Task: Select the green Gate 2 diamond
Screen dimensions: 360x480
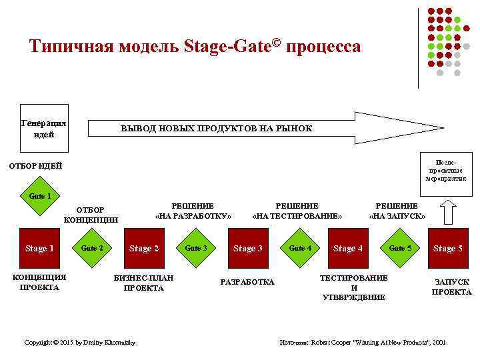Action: (92, 248)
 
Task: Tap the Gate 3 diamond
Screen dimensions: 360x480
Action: (196, 248)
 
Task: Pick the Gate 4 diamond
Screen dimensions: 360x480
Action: (300, 248)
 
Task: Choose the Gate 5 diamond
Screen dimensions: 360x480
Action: (400, 248)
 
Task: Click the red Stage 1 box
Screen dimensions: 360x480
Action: (39, 248)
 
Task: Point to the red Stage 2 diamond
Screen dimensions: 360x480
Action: (144, 248)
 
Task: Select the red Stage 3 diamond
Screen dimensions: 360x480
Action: (247, 248)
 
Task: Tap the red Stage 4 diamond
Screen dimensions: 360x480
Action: (348, 248)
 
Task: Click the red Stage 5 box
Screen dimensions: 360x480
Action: (448, 248)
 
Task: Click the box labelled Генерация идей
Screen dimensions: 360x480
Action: (44, 129)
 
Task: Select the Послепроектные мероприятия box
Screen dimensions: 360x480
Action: (446, 170)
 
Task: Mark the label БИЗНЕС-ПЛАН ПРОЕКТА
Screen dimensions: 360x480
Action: (144, 283)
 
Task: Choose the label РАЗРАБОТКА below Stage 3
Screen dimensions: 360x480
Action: (247, 282)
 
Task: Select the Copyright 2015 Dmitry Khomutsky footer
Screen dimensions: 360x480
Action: (80, 342)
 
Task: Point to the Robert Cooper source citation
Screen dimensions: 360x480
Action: (363, 342)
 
